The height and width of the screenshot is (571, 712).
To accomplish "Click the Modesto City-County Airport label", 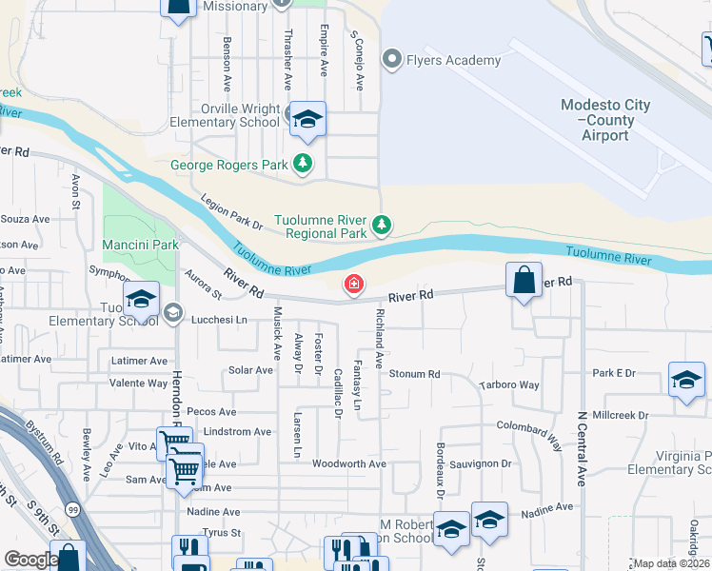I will (x=606, y=120).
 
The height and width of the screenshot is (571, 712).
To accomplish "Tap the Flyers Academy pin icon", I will (x=390, y=60).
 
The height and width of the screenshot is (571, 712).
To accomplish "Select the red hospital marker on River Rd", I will (x=353, y=285).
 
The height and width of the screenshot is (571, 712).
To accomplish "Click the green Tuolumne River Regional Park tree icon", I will (x=381, y=226).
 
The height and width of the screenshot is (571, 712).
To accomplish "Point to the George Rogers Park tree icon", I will (x=303, y=164).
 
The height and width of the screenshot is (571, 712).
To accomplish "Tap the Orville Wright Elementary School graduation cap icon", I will (x=307, y=119).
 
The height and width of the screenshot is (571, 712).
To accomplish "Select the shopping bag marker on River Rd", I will (x=524, y=280).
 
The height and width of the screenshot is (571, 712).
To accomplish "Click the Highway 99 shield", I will (x=72, y=509).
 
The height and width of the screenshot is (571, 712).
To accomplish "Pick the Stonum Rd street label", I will (x=414, y=374).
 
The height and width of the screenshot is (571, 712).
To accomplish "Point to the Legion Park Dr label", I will (x=231, y=212).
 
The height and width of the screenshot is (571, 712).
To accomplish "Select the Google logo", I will (x=31, y=560).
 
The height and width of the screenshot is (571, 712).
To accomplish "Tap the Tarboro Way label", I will (x=509, y=385).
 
